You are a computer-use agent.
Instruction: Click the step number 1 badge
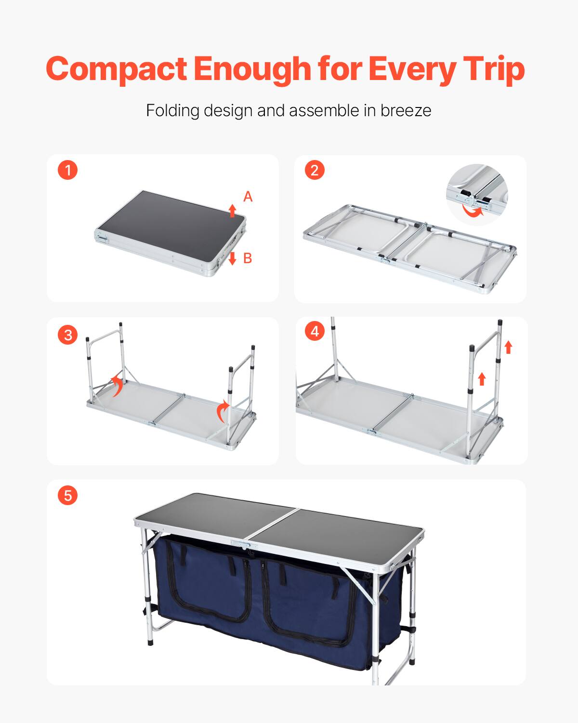pos(67,170)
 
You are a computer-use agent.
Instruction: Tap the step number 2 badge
pos(315,170)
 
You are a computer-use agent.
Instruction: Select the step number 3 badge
pos(67,335)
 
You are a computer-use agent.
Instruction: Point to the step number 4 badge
pos(315,331)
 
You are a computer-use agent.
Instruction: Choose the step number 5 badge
pos(67,495)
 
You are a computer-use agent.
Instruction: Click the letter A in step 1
pos(248,197)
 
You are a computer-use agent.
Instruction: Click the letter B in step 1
pos(248,258)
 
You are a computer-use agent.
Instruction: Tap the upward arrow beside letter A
pos(232,210)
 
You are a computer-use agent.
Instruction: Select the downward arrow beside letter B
pos(232,258)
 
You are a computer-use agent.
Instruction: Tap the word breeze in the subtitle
pos(406,110)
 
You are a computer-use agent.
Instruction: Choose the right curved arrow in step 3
pos(223,411)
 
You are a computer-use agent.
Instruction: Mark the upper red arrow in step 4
pos(508,347)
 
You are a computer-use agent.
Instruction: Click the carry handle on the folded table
pos(103,237)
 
